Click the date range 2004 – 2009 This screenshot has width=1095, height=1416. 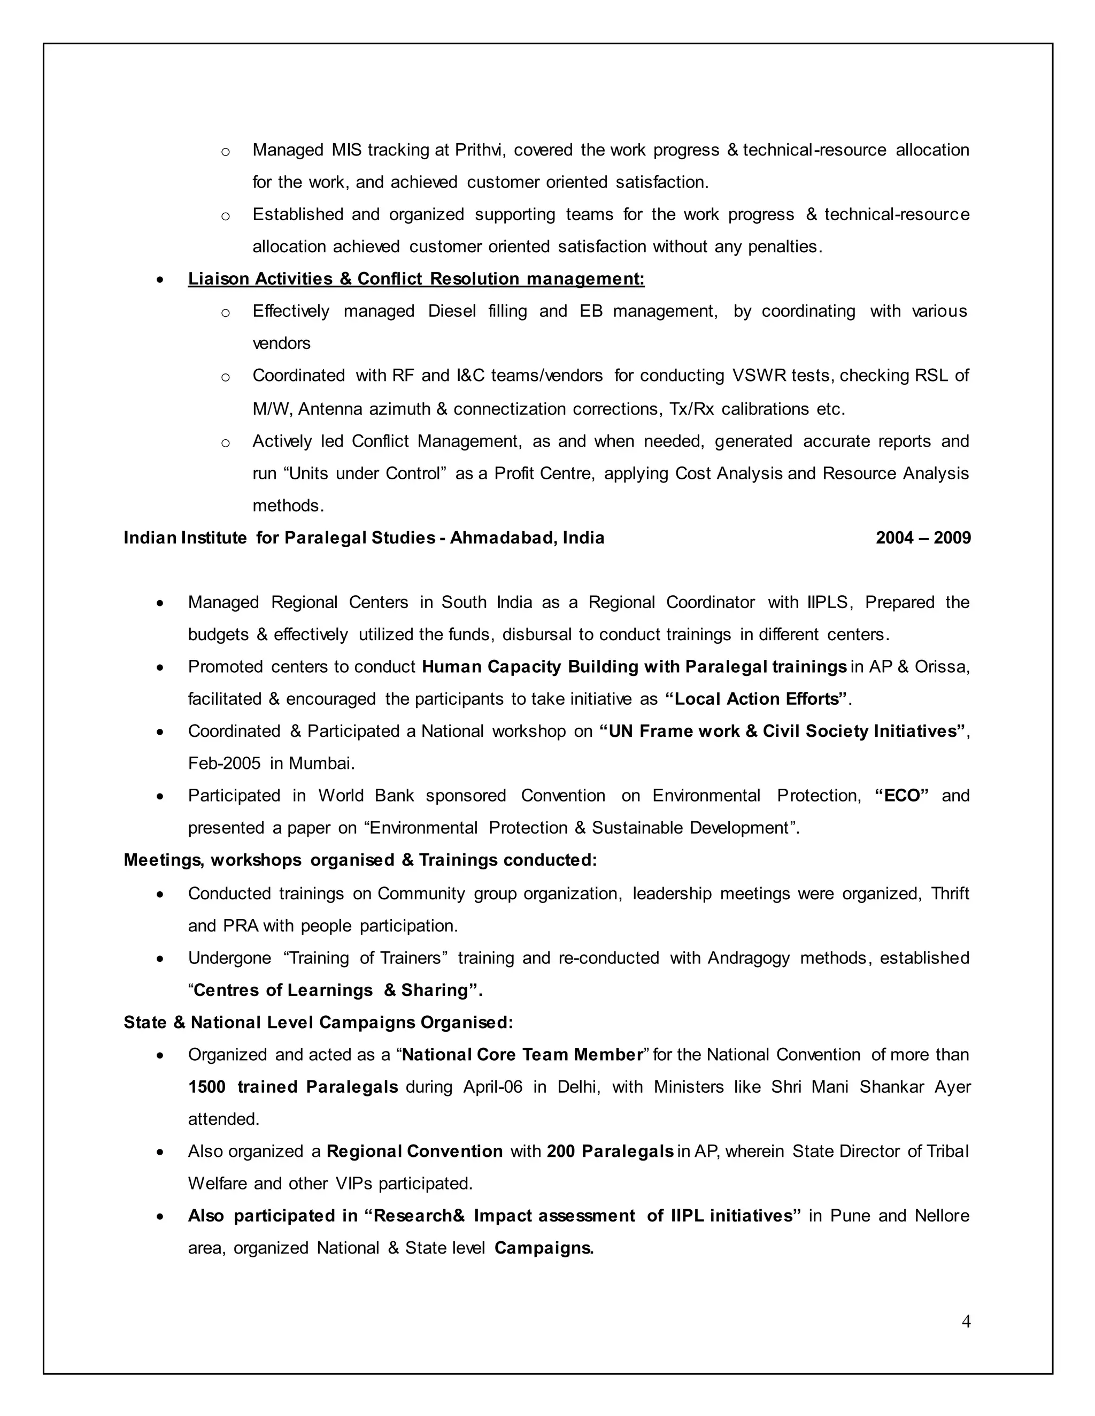[922, 538]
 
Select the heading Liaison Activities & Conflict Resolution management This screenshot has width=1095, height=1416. [416, 279]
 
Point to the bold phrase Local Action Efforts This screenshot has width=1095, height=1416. [757, 699]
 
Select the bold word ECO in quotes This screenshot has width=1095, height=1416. [901, 796]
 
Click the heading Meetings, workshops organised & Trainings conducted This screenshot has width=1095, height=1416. [360, 860]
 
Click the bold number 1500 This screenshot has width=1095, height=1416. [206, 1087]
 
